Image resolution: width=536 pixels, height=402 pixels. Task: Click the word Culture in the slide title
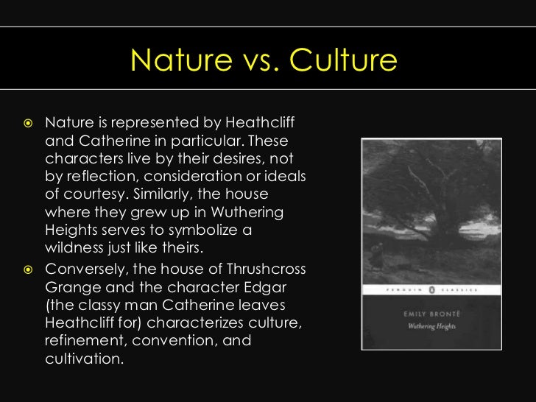(343, 61)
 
